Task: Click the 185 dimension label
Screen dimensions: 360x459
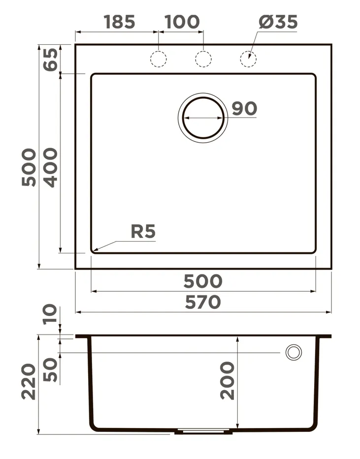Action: tap(120, 22)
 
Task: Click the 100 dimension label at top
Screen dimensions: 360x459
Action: tap(182, 22)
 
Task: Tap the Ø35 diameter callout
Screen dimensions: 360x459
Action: tap(278, 22)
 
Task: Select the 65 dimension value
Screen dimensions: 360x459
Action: tap(51, 60)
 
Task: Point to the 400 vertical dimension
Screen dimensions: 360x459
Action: tap(51, 167)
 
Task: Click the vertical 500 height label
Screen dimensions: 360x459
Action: tap(29, 167)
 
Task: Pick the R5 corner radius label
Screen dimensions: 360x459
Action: tap(143, 232)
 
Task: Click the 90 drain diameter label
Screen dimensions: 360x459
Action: tap(244, 108)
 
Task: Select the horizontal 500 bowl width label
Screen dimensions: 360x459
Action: tap(203, 281)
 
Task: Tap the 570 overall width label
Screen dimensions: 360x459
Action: tap(203, 302)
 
